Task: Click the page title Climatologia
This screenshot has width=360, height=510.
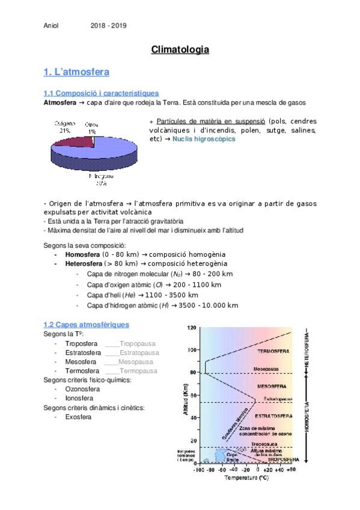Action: pos(180,50)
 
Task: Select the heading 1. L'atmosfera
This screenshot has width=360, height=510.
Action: pos(76,72)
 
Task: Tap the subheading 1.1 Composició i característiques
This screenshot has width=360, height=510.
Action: pos(101,93)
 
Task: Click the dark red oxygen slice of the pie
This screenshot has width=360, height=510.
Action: pos(76,142)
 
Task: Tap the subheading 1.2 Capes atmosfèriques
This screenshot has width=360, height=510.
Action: pos(86,325)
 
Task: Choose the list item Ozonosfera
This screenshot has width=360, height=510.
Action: pos(83,389)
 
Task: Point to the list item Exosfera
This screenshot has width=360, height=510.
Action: pos(78,416)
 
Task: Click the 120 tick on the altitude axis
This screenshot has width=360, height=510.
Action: pos(192,328)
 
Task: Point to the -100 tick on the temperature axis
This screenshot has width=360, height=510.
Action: pos(198,470)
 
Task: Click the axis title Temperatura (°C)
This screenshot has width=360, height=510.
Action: pos(246,478)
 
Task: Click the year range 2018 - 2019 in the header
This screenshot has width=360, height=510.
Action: pos(109,25)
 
